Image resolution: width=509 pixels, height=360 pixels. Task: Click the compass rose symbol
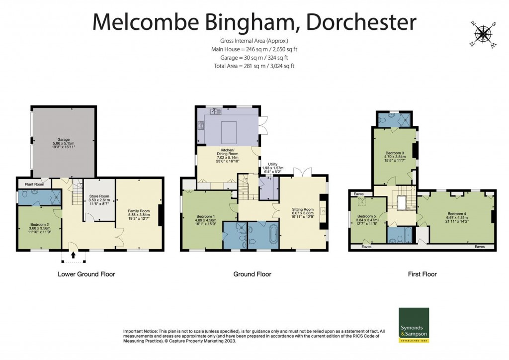(482, 34)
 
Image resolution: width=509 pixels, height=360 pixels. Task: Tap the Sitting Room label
(302, 210)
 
